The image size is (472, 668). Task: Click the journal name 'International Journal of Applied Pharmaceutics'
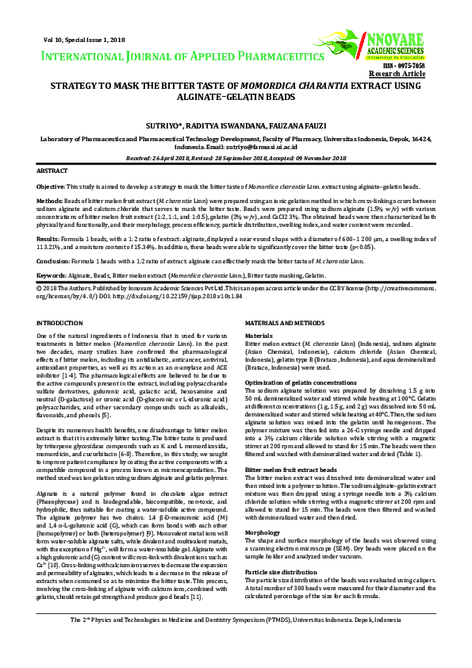point(177,56)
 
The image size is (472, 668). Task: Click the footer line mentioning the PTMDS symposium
point(236,641)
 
